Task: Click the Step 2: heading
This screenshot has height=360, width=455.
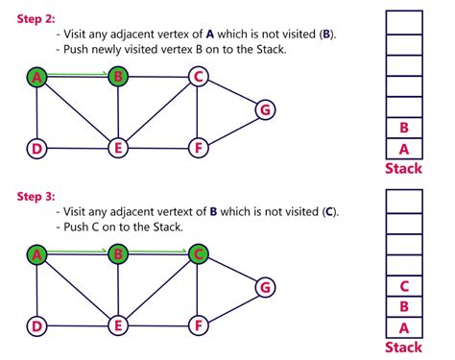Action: tap(36, 17)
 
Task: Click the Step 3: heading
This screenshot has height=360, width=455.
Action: tap(36, 197)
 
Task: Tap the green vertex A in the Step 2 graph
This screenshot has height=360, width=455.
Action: tap(36, 77)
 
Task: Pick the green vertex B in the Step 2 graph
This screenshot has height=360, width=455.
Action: tap(118, 77)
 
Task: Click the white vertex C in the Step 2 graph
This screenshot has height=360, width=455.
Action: tap(198, 77)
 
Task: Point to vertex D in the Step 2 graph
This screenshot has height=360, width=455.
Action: tap(36, 148)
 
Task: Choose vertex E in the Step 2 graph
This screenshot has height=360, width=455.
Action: tap(118, 148)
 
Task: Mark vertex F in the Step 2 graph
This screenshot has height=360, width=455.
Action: tap(198, 148)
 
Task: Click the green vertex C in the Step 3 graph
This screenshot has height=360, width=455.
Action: tap(198, 254)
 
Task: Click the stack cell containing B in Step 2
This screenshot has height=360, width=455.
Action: tap(403, 127)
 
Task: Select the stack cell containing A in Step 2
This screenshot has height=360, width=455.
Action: tap(403, 149)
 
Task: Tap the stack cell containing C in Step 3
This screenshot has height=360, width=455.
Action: tap(403, 285)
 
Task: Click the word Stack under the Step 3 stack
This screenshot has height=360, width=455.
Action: tap(403, 348)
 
